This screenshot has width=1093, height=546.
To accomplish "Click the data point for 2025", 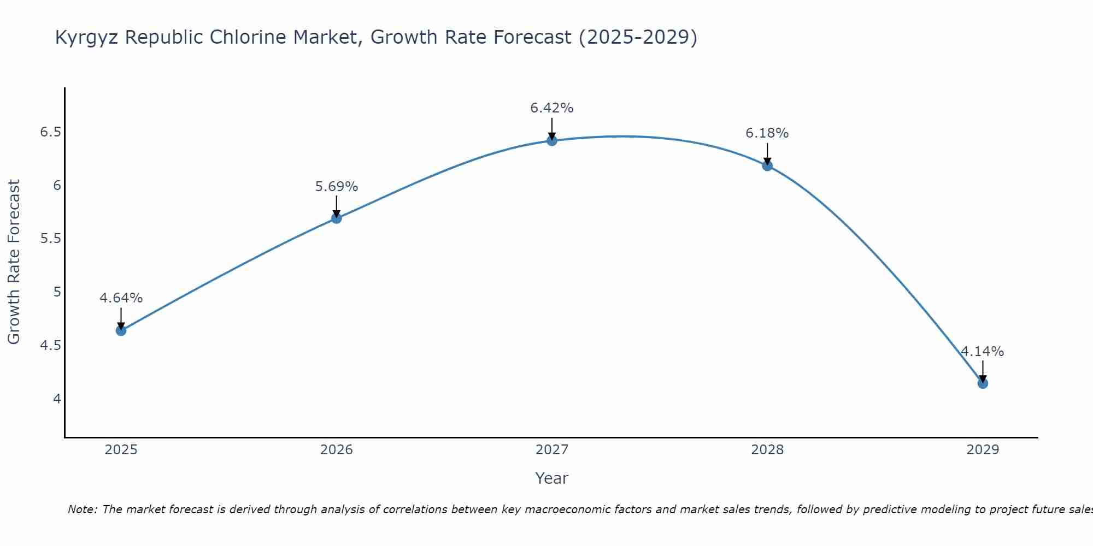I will click(x=121, y=330).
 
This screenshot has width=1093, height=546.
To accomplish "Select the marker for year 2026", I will click(x=337, y=218).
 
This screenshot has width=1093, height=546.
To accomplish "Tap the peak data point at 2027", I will click(x=552, y=141).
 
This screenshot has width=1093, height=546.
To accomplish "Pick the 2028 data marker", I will click(x=767, y=166).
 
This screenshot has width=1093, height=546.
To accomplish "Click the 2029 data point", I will click(x=983, y=383).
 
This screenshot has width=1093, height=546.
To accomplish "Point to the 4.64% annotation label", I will click(x=121, y=298).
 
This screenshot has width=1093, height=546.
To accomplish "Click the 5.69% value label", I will click(x=337, y=187).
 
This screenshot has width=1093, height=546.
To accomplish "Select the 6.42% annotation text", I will click(x=552, y=108).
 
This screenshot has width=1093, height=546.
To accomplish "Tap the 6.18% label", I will click(x=767, y=133).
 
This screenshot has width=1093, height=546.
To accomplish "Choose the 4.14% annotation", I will click(x=983, y=352).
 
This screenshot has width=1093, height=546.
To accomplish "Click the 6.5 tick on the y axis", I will click(x=50, y=132).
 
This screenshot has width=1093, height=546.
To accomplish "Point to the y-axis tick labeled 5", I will click(x=57, y=292).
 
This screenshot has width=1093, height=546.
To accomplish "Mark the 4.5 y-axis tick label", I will click(x=50, y=346).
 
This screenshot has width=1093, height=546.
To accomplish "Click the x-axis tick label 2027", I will click(x=552, y=450).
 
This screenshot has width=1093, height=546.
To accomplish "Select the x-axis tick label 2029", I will click(x=983, y=450).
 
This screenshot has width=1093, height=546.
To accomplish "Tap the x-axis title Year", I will click(x=552, y=478).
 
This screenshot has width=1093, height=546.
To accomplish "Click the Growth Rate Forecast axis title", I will click(x=14, y=262).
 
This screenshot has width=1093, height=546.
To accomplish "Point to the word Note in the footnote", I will click(x=82, y=509).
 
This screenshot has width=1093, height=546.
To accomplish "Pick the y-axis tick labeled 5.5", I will click(x=50, y=239).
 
